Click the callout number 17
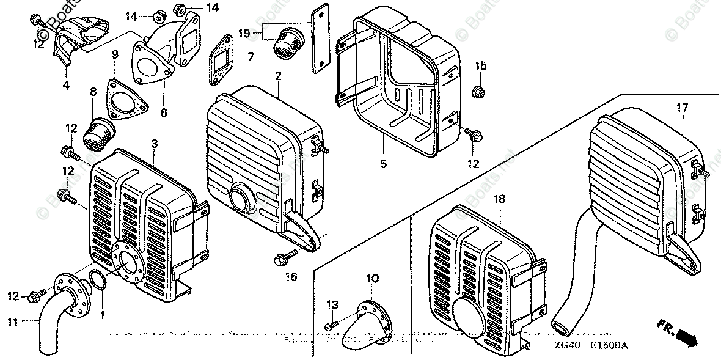point(682,108)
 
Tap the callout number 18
point(500,199)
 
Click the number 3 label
point(155,144)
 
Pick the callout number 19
point(244,32)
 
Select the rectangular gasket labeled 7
point(221,56)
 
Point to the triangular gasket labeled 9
point(126,104)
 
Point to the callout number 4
point(66,86)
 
